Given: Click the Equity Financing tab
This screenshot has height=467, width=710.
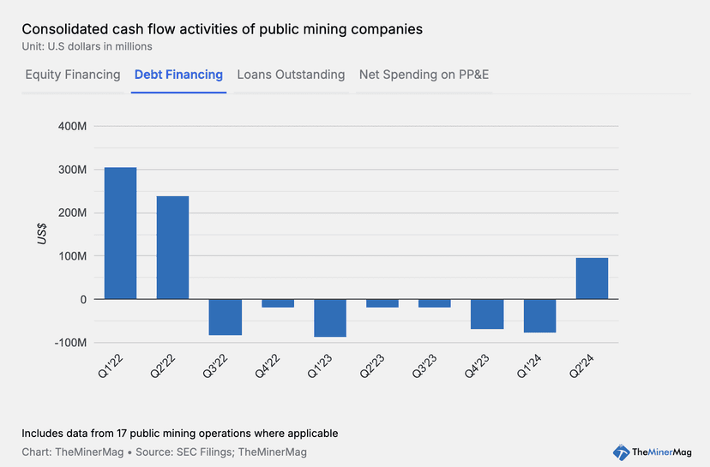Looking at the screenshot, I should coord(73,75).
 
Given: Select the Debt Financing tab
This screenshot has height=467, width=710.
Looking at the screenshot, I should coord(178,75).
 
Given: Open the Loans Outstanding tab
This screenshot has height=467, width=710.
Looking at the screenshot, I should coord(291,75).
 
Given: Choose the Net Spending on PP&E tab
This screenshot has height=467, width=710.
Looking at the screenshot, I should coord(424,75).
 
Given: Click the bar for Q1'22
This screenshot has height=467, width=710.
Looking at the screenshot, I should coord(120,233).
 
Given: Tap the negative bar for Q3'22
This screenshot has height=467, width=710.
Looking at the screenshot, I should coord(226,317).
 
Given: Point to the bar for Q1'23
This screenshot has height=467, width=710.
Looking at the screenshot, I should coord(330,318).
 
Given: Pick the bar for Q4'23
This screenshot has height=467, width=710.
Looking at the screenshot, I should coord(487,314).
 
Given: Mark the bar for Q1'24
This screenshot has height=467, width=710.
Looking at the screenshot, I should coord(539,315).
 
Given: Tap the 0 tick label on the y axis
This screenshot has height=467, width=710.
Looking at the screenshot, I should coord(83,300).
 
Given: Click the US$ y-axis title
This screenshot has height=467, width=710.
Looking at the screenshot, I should coord(42,234).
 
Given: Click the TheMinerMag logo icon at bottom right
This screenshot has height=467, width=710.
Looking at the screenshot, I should coord(622,452).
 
